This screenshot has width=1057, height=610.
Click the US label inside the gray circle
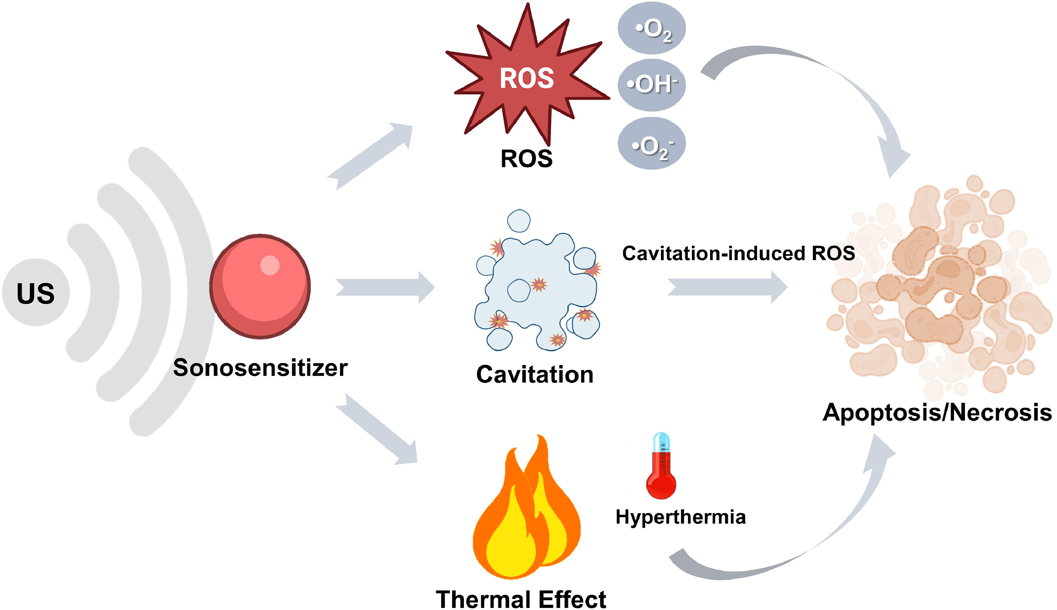[x=36, y=293]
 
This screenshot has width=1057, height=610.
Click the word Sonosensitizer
[x=260, y=368]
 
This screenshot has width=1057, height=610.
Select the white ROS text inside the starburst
[x=527, y=78]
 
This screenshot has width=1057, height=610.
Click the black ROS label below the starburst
[x=527, y=159]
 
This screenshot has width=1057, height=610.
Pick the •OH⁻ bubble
[x=652, y=84]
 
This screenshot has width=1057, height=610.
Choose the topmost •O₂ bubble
[x=652, y=28]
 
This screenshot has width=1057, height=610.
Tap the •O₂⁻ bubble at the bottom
[x=652, y=144]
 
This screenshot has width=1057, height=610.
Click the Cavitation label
[x=535, y=374]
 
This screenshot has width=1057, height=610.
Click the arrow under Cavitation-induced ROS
[x=727, y=287]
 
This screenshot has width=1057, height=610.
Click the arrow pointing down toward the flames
[x=377, y=429]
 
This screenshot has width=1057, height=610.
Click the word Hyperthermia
[x=681, y=517]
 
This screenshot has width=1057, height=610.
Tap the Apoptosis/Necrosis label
[x=937, y=412]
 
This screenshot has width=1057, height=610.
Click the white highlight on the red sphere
[x=270, y=265]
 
